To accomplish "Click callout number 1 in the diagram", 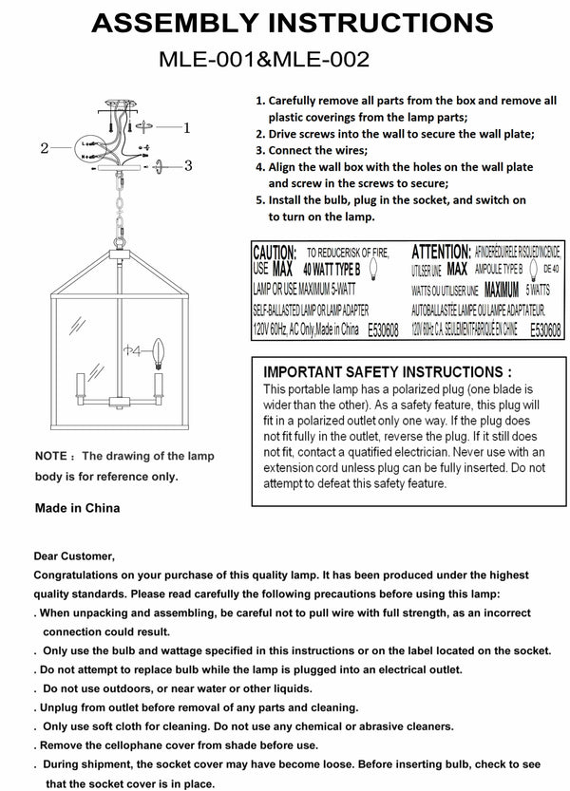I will click(187, 126).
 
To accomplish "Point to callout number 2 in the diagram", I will click(44, 148).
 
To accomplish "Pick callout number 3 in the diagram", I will click(188, 165).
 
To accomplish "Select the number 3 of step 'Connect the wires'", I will click(259, 150).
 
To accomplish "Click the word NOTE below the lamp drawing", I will click(48, 457).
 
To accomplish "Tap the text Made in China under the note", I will click(77, 508).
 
